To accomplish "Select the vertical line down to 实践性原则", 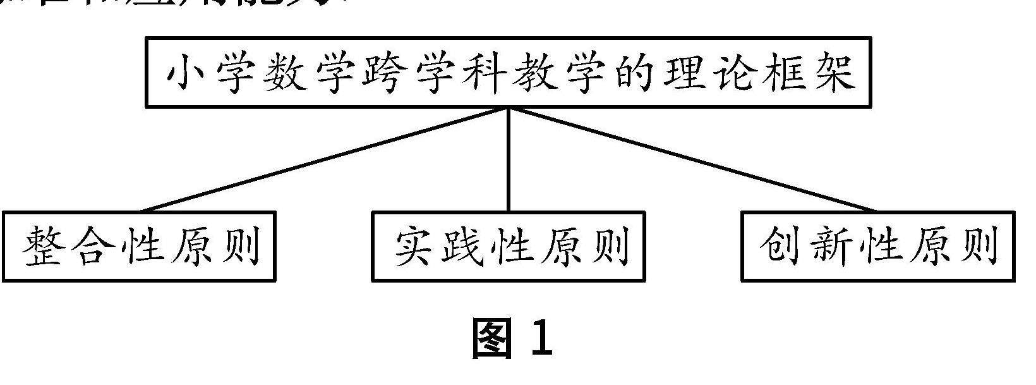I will (x=509, y=159).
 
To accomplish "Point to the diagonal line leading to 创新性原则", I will (x=693, y=159).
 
